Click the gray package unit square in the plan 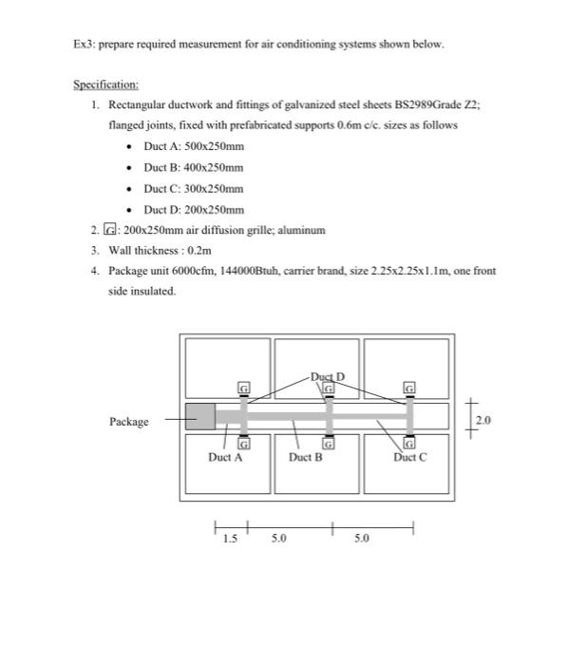point(199,416)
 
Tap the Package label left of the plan point(129,422)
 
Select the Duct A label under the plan point(225,457)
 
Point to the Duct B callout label point(306,457)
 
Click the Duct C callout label point(409,457)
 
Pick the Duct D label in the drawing point(328,377)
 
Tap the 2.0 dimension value point(484,419)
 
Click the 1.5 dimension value point(228,539)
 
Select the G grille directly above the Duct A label point(243,444)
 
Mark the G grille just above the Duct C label point(410,444)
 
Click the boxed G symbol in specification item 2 point(111,230)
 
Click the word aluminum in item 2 point(301,230)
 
